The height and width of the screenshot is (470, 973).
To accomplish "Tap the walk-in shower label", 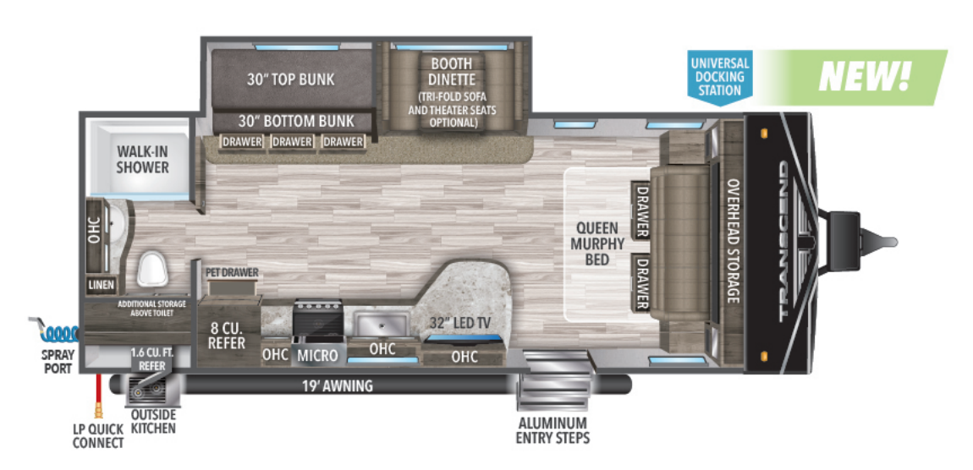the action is (143, 159).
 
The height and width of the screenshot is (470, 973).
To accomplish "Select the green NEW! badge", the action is (864, 75).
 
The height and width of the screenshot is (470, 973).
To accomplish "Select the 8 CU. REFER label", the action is (228, 335).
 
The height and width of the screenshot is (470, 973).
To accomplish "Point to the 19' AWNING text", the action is (338, 386).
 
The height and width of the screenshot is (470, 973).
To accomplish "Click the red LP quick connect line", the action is (100, 393).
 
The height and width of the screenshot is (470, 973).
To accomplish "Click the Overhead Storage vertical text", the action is (733, 241).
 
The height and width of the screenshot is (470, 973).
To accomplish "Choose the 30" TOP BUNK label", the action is (290, 79).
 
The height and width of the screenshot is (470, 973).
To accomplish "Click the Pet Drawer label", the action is (231, 272).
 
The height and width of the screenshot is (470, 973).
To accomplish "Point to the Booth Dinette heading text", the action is (451, 71).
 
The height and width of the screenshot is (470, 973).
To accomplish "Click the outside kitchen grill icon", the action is (150, 391).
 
